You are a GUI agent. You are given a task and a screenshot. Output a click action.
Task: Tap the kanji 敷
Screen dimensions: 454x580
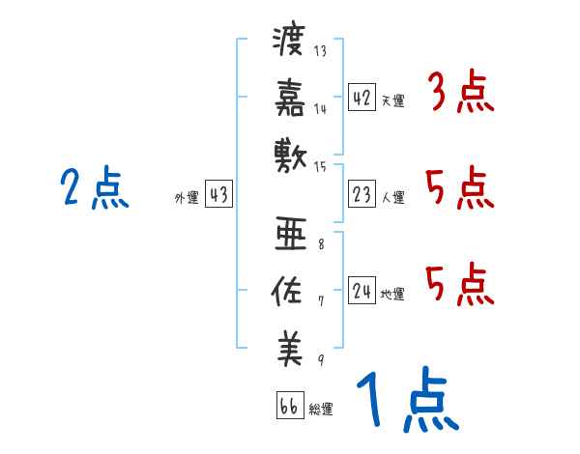coord(289,153)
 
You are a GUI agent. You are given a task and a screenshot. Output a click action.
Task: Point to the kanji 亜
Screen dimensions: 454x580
coord(289,235)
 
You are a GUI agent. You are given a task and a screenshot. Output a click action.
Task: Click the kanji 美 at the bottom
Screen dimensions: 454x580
coord(289,346)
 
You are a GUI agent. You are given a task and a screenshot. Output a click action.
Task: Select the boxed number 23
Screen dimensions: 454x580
coord(362,194)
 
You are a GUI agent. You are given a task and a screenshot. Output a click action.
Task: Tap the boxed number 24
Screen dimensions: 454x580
coord(362,290)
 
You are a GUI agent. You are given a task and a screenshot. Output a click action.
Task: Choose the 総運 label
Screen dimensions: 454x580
coord(321,409)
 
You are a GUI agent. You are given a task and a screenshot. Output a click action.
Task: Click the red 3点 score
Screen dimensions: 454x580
coord(461,94)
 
